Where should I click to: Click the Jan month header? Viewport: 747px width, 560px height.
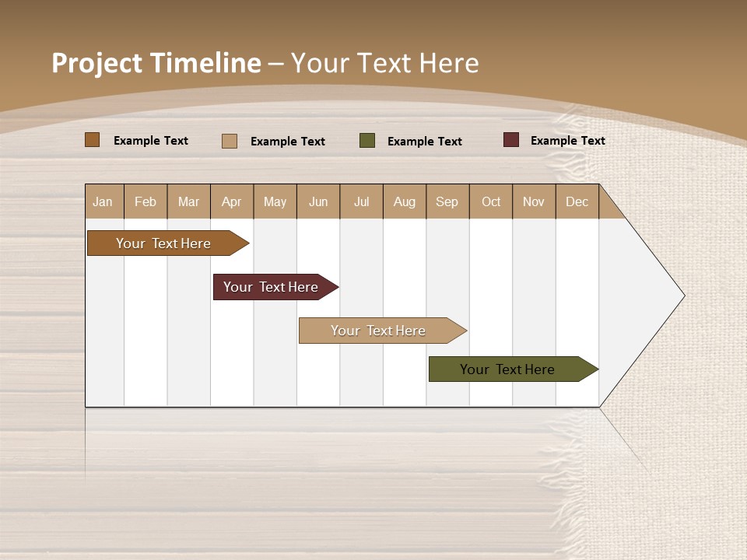pyautogui.click(x=103, y=201)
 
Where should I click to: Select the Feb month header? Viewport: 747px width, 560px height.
pyautogui.click(x=146, y=201)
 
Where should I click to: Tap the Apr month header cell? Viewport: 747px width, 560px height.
pyautogui.click(x=232, y=201)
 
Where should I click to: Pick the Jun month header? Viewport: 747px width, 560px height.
pyautogui.click(x=318, y=201)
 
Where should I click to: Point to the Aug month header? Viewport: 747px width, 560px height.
pyautogui.click(x=405, y=201)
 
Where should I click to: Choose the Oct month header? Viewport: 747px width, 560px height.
pyautogui.click(x=491, y=201)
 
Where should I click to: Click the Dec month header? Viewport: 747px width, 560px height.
pyautogui.click(x=577, y=201)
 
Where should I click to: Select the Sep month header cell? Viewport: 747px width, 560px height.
pyautogui.click(x=447, y=201)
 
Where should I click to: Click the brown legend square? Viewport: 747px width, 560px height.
pyautogui.click(x=93, y=140)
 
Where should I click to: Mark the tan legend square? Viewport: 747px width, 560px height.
pyautogui.click(x=230, y=141)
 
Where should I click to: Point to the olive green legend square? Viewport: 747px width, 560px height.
pyautogui.click(x=367, y=141)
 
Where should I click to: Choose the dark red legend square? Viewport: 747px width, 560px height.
pyautogui.click(x=510, y=140)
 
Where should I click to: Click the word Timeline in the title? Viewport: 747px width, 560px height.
pyautogui.click(x=205, y=63)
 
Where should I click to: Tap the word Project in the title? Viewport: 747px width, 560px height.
pyautogui.click(x=96, y=63)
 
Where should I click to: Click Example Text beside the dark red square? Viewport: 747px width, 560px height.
pyautogui.click(x=567, y=141)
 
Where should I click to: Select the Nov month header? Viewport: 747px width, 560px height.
pyautogui.click(x=534, y=201)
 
